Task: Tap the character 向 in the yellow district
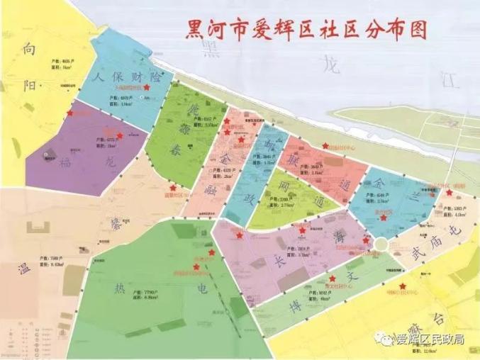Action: point(28,49)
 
